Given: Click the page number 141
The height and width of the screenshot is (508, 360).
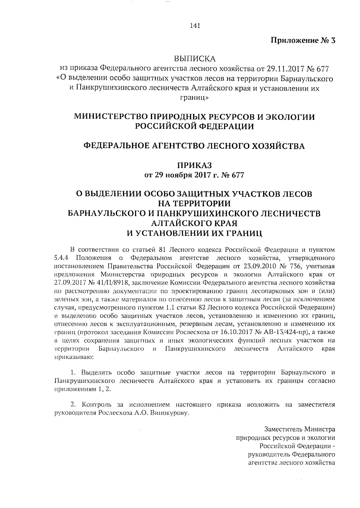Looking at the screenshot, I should (x=195, y=26).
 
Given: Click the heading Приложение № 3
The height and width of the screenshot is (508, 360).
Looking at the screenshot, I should (x=303, y=41).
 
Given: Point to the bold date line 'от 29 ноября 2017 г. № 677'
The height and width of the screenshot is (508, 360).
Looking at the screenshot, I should (x=195, y=175).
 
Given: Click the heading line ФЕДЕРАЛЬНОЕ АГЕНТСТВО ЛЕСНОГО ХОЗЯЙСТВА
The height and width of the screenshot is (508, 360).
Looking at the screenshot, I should (x=194, y=146).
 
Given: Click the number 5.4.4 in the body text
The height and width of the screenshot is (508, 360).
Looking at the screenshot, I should (x=62, y=258).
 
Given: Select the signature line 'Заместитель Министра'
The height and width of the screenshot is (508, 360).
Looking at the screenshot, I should (x=300, y=429).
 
